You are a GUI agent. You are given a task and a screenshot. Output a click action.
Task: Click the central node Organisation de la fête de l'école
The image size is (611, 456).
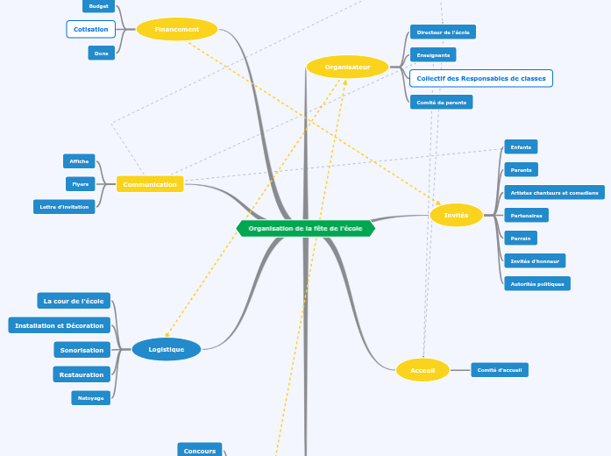click(x=305, y=228)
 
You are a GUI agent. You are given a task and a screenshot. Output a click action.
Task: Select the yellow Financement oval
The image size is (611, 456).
click(x=177, y=29)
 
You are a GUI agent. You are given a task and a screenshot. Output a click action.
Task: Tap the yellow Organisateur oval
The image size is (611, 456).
click(x=347, y=67)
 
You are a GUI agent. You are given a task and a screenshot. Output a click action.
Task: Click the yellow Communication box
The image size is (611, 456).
click(x=150, y=184)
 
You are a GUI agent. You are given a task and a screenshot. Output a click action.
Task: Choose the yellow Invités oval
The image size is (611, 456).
click(x=457, y=215)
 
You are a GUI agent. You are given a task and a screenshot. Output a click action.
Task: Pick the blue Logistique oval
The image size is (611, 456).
click(x=167, y=349)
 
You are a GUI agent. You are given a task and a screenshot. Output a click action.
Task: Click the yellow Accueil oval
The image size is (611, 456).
click(x=423, y=370)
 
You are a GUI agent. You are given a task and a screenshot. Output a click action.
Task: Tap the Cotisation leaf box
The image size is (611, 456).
click(x=91, y=29)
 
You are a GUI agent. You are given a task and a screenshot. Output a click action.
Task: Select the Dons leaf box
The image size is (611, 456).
click(x=102, y=53)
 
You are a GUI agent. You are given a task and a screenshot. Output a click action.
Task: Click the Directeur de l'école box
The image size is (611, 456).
click(x=443, y=32)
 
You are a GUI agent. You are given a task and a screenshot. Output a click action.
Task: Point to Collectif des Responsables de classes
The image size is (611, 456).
click(x=481, y=78)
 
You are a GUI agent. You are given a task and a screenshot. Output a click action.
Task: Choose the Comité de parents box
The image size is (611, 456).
click(x=442, y=102)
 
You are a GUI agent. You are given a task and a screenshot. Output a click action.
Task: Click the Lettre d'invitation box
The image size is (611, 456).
click(x=64, y=207)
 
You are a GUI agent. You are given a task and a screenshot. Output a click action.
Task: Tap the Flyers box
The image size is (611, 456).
click(x=81, y=184)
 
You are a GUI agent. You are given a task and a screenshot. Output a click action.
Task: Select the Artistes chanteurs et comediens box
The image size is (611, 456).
click(x=554, y=193)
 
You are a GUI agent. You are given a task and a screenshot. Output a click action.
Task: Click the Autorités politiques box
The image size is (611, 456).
click(x=537, y=283)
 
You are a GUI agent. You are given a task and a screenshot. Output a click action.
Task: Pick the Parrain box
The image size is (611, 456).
click(x=521, y=238)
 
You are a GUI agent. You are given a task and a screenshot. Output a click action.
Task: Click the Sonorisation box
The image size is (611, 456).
click(x=82, y=350)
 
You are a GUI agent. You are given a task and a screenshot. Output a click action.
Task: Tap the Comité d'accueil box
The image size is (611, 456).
click(x=500, y=370)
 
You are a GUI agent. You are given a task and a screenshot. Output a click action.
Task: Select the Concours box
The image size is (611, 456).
click(x=200, y=451)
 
